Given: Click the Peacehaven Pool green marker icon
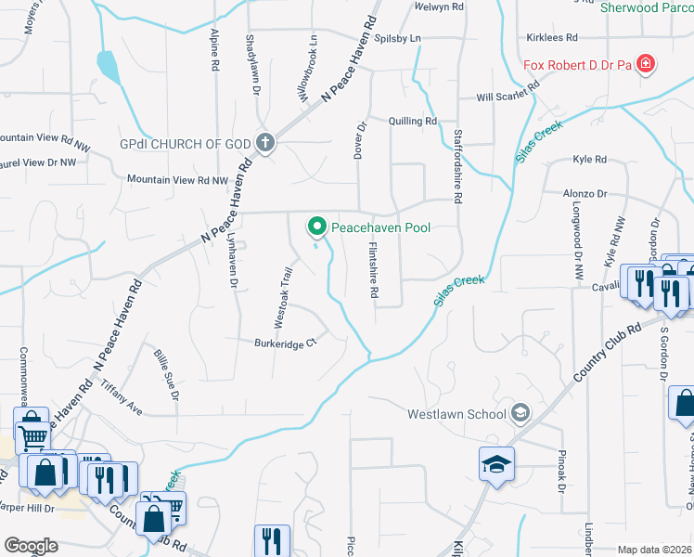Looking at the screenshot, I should [317, 226].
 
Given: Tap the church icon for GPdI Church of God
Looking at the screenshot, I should [265, 144].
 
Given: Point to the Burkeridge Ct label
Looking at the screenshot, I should [286, 343].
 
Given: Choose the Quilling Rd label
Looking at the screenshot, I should [413, 122].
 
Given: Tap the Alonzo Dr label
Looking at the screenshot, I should [585, 195].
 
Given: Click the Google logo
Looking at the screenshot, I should [32, 545].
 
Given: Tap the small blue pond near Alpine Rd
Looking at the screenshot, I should [108, 66].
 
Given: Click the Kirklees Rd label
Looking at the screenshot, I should [551, 38].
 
